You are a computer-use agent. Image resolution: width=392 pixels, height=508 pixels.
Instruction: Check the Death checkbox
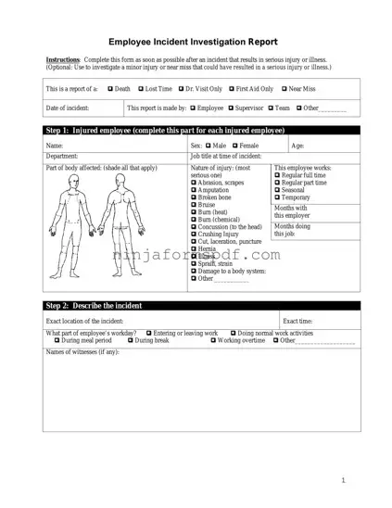pos(110,89)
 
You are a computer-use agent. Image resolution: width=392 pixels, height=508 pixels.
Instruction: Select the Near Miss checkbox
pos(284,89)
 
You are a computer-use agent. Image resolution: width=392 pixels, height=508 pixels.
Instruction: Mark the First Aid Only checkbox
pos(231,89)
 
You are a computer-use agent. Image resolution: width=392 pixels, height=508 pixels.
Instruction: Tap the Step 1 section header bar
pos(196,132)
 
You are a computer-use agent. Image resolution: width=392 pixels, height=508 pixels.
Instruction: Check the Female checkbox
pos(235,146)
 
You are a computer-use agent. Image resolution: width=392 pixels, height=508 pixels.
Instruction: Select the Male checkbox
pos(209,146)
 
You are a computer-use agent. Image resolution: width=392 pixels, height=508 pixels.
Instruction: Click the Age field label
pos(297,146)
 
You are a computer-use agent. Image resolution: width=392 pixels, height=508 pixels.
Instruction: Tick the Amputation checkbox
pos(194,191)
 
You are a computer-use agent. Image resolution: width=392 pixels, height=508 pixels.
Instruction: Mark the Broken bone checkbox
pos(194,197)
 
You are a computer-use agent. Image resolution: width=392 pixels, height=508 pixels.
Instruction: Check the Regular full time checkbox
pos(277,175)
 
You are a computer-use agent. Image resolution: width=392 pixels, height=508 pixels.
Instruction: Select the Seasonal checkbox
pos(277,190)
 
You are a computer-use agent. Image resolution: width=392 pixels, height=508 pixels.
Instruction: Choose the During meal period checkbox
pos(57,340)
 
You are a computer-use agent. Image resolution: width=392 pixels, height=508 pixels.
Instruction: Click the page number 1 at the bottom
pos(343,480)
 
